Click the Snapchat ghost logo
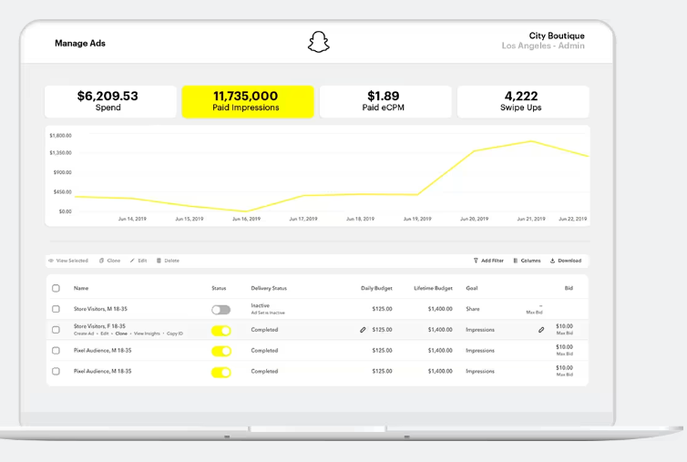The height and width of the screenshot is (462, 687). pyautogui.click(x=318, y=42)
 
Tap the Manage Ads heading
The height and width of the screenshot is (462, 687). pyautogui.click(x=80, y=43)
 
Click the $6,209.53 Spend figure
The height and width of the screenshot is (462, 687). pyautogui.click(x=108, y=96)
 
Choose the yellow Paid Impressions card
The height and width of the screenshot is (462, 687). pyautogui.click(x=246, y=101)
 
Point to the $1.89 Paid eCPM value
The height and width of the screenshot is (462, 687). pyautogui.click(x=384, y=96)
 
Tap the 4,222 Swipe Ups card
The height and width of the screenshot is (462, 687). pyautogui.click(x=521, y=101)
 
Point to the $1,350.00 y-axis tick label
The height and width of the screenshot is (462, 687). pyautogui.click(x=60, y=153)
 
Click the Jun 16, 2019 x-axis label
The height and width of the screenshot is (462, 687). pyautogui.click(x=246, y=219)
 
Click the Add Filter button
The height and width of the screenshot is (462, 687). pyautogui.click(x=488, y=261)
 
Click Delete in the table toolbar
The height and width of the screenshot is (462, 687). pyautogui.click(x=168, y=261)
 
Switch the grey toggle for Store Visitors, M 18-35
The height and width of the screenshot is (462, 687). pyautogui.click(x=220, y=310)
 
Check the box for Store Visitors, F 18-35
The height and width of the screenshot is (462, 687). pyautogui.click(x=56, y=330)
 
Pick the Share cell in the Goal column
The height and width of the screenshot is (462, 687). pyautogui.click(x=474, y=310)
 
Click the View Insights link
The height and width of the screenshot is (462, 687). pyautogui.click(x=145, y=334)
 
